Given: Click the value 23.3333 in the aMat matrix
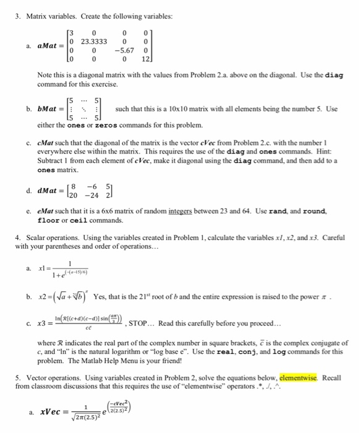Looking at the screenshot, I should [x=93, y=41].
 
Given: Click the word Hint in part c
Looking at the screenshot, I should [x=312, y=150].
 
